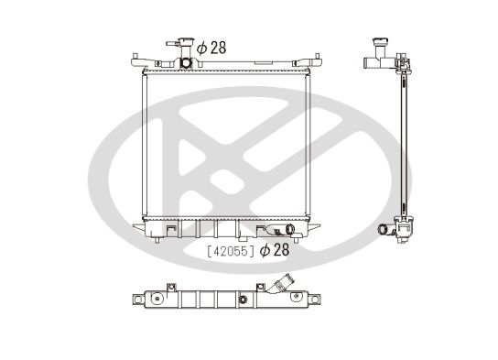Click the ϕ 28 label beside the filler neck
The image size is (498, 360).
click(211, 48)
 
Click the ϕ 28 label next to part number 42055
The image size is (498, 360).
click(275, 250)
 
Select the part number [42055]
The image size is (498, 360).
click(231, 251)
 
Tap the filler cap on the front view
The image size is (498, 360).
click(186, 41)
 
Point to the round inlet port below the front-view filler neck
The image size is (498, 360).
click(186, 62)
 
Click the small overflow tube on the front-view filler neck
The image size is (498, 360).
click(172, 44)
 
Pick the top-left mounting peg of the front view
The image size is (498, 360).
click(135, 56)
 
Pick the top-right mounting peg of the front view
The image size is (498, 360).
click(317, 56)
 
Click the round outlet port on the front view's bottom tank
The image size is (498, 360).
click(290, 229)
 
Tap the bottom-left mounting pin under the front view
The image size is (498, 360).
click(157, 240)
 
